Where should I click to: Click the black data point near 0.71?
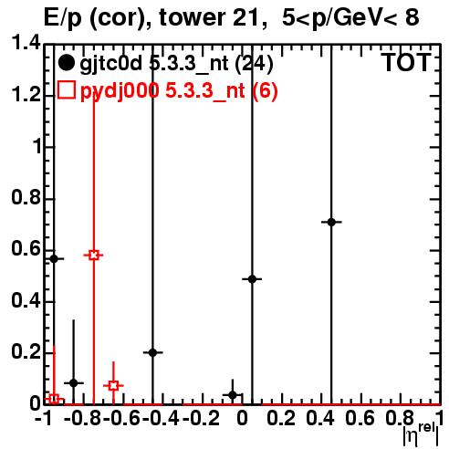click(331, 222)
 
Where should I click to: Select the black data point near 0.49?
click(252, 279)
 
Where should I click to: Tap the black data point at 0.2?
click(153, 352)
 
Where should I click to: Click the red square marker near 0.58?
click(94, 256)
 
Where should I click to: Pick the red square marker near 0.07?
click(113, 386)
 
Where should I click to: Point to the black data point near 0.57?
click(54, 259)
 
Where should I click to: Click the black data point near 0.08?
click(74, 383)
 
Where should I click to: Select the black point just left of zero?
click(233, 395)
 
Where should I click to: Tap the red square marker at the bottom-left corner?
click(54, 399)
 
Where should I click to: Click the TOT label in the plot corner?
click(407, 62)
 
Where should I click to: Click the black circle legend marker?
click(66, 62)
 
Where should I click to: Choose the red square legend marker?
click(67, 89)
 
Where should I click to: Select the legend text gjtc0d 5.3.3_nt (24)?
click(176, 64)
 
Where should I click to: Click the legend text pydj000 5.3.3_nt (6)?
click(179, 91)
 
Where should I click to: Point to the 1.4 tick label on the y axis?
click(26, 44)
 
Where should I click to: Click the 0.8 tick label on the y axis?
click(26, 197)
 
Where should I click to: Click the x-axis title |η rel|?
click(421, 434)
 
